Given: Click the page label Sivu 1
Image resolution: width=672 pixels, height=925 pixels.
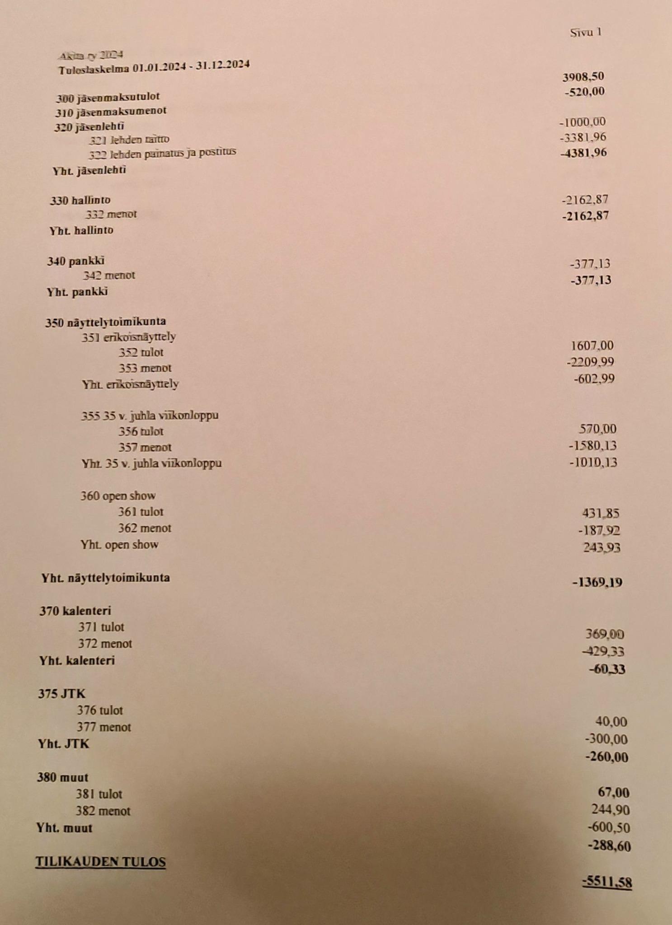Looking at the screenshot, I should click(x=585, y=32).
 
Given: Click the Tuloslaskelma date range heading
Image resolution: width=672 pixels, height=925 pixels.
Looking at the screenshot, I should click(x=154, y=67).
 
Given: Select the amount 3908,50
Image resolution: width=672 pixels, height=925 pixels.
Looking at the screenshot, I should click(x=583, y=77).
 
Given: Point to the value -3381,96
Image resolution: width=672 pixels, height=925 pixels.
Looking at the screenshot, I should click(x=583, y=137).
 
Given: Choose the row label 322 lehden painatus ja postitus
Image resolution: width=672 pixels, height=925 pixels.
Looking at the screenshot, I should click(x=162, y=154).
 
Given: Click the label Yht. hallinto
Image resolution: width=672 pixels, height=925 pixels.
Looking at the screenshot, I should click(x=81, y=230).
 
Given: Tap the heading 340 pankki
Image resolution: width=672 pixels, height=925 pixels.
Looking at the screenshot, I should click(x=75, y=261).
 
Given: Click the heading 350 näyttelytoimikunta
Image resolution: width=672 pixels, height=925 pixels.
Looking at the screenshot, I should click(x=105, y=322).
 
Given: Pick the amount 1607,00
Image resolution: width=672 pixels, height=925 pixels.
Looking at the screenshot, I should click(x=592, y=346).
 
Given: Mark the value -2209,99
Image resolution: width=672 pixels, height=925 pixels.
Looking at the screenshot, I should click(x=590, y=362).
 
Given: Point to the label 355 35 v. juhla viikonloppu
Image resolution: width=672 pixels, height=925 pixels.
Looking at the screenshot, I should click(x=150, y=416).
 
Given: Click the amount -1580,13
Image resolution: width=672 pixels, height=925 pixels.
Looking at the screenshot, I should click(x=592, y=446).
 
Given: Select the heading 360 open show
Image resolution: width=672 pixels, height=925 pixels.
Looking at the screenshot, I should click(x=118, y=496).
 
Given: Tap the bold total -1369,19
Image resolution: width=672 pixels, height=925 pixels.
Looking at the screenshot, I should click(x=597, y=583).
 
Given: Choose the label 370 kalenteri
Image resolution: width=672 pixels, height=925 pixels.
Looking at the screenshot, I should click(x=75, y=611).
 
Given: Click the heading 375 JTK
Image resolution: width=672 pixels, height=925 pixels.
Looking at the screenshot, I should click(x=61, y=694).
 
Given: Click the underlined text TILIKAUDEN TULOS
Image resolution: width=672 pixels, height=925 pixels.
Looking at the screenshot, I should click(x=100, y=862).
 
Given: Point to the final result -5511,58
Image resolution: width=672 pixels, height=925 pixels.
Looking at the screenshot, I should click(x=607, y=882).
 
